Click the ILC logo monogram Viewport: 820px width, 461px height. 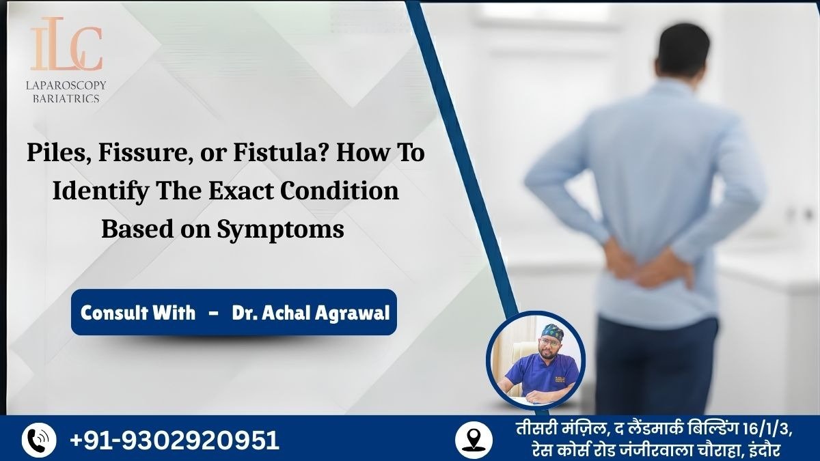pos(66,46)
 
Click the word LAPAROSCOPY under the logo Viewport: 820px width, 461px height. pos(67,85)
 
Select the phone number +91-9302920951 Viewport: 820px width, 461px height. pos(175,440)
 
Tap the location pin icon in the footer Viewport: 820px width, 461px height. pos(473,439)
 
